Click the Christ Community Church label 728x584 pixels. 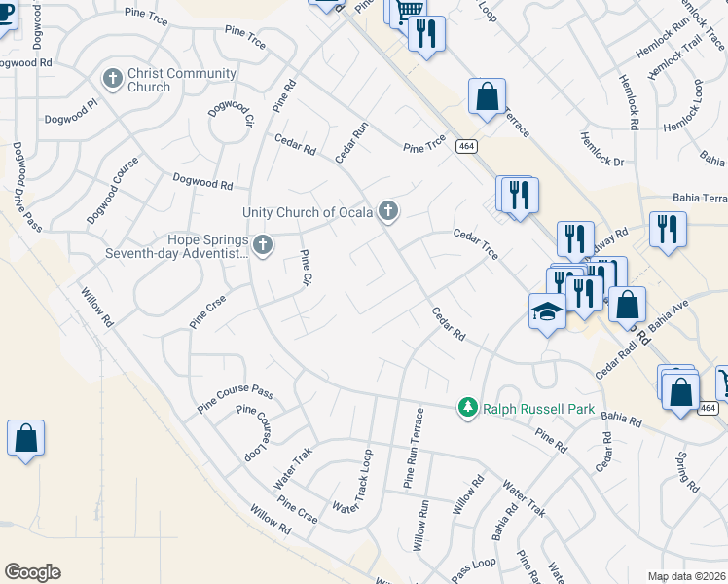pyautogui.click(x=181, y=80)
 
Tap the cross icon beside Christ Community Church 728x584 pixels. pyautogui.click(x=113, y=78)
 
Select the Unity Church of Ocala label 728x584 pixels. pyautogui.click(x=309, y=212)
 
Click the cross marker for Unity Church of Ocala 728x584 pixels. pyautogui.click(x=388, y=210)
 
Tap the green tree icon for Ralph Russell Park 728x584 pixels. pyautogui.click(x=468, y=406)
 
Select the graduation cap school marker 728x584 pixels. pyautogui.click(x=547, y=311)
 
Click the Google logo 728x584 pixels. pyautogui.click(x=32, y=572)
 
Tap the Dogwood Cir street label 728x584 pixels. pyautogui.click(x=231, y=117)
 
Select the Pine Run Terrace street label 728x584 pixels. pyautogui.click(x=414, y=449)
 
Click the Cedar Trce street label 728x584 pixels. pyautogui.click(x=476, y=243)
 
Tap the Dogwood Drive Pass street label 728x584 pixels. pyautogui.click(x=26, y=187)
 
